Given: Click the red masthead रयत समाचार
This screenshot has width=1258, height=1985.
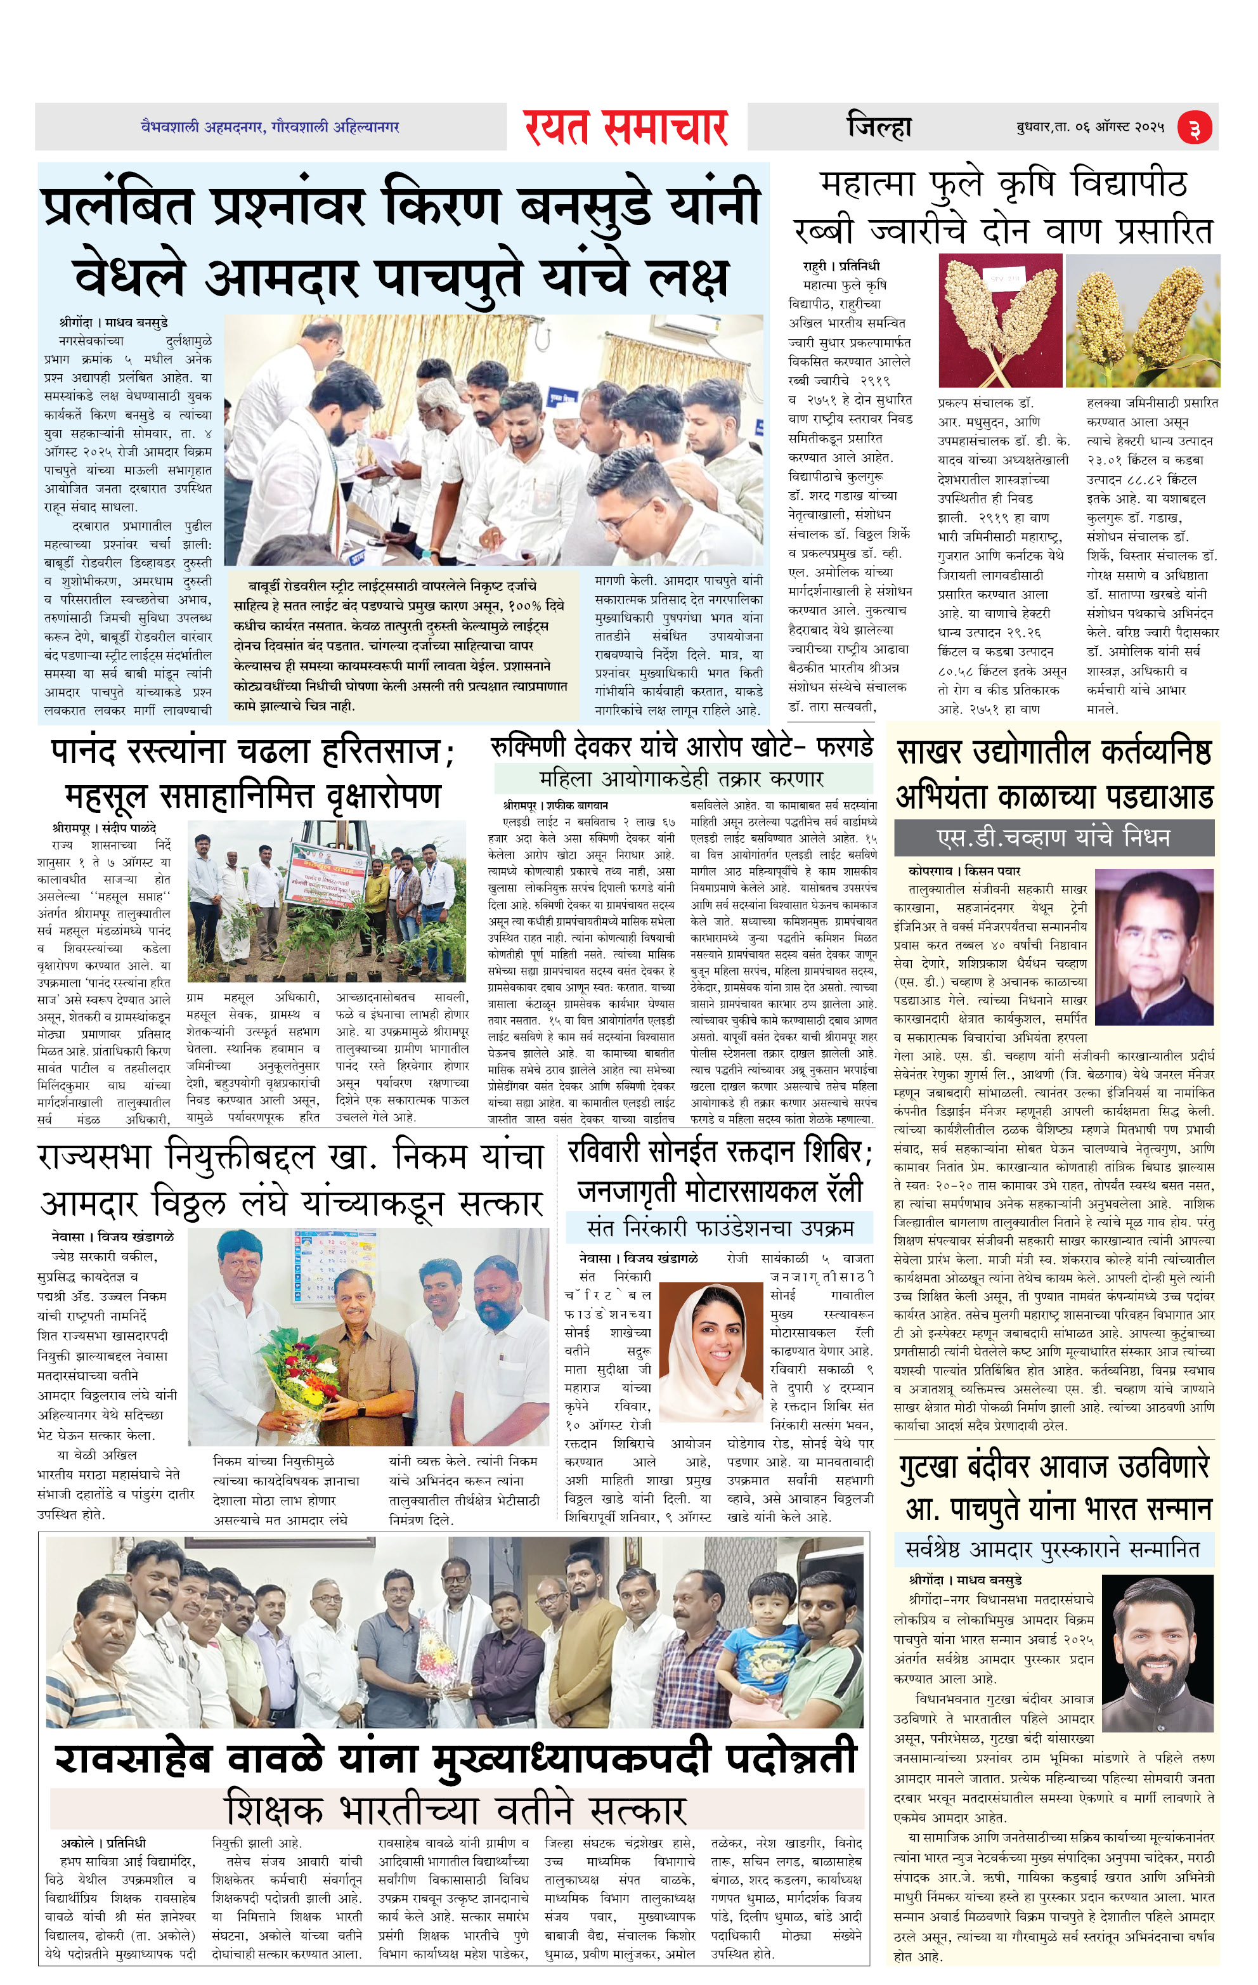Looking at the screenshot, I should (626, 127).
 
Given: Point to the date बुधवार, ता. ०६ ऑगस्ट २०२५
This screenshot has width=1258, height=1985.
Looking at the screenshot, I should (1090, 129).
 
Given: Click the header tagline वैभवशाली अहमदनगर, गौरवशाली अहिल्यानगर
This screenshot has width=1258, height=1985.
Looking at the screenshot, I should (270, 127).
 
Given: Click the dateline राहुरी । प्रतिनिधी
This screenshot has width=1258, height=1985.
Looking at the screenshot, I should (841, 266).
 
